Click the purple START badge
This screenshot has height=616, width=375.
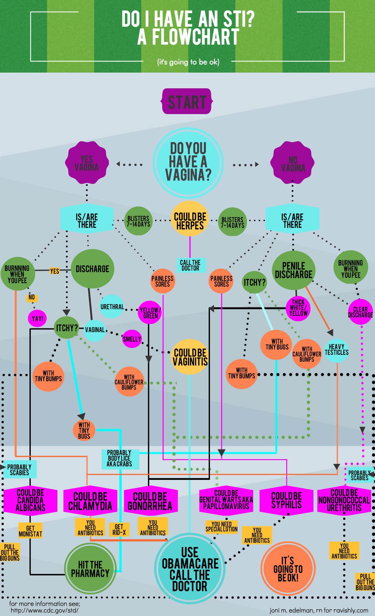click(x=187, y=102)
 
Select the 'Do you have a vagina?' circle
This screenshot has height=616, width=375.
click(x=188, y=162)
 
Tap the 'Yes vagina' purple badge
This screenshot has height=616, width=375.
click(x=87, y=163)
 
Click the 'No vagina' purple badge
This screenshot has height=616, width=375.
click(x=293, y=163)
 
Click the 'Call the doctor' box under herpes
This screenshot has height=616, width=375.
click(x=190, y=265)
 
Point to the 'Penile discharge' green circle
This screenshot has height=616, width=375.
click(x=293, y=270)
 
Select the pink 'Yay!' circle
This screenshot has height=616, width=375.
click(x=37, y=318)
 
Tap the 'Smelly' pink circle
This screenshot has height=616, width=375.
click(x=132, y=339)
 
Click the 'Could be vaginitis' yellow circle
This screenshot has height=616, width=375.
click(x=190, y=357)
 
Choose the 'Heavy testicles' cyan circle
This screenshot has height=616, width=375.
click(x=336, y=349)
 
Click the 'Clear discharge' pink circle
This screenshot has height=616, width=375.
click(x=360, y=312)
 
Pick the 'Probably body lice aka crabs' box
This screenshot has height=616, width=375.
click(x=119, y=459)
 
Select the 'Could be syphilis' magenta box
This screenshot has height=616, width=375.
click(x=286, y=501)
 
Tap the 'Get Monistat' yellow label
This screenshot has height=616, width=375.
click(x=30, y=531)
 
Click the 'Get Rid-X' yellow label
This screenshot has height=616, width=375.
click(x=119, y=529)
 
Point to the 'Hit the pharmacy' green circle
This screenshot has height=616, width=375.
click(x=90, y=569)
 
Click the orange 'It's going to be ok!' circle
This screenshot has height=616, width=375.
click(x=288, y=569)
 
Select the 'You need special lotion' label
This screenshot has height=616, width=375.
click(x=222, y=526)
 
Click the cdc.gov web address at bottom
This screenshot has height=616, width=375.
click(x=45, y=610)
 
